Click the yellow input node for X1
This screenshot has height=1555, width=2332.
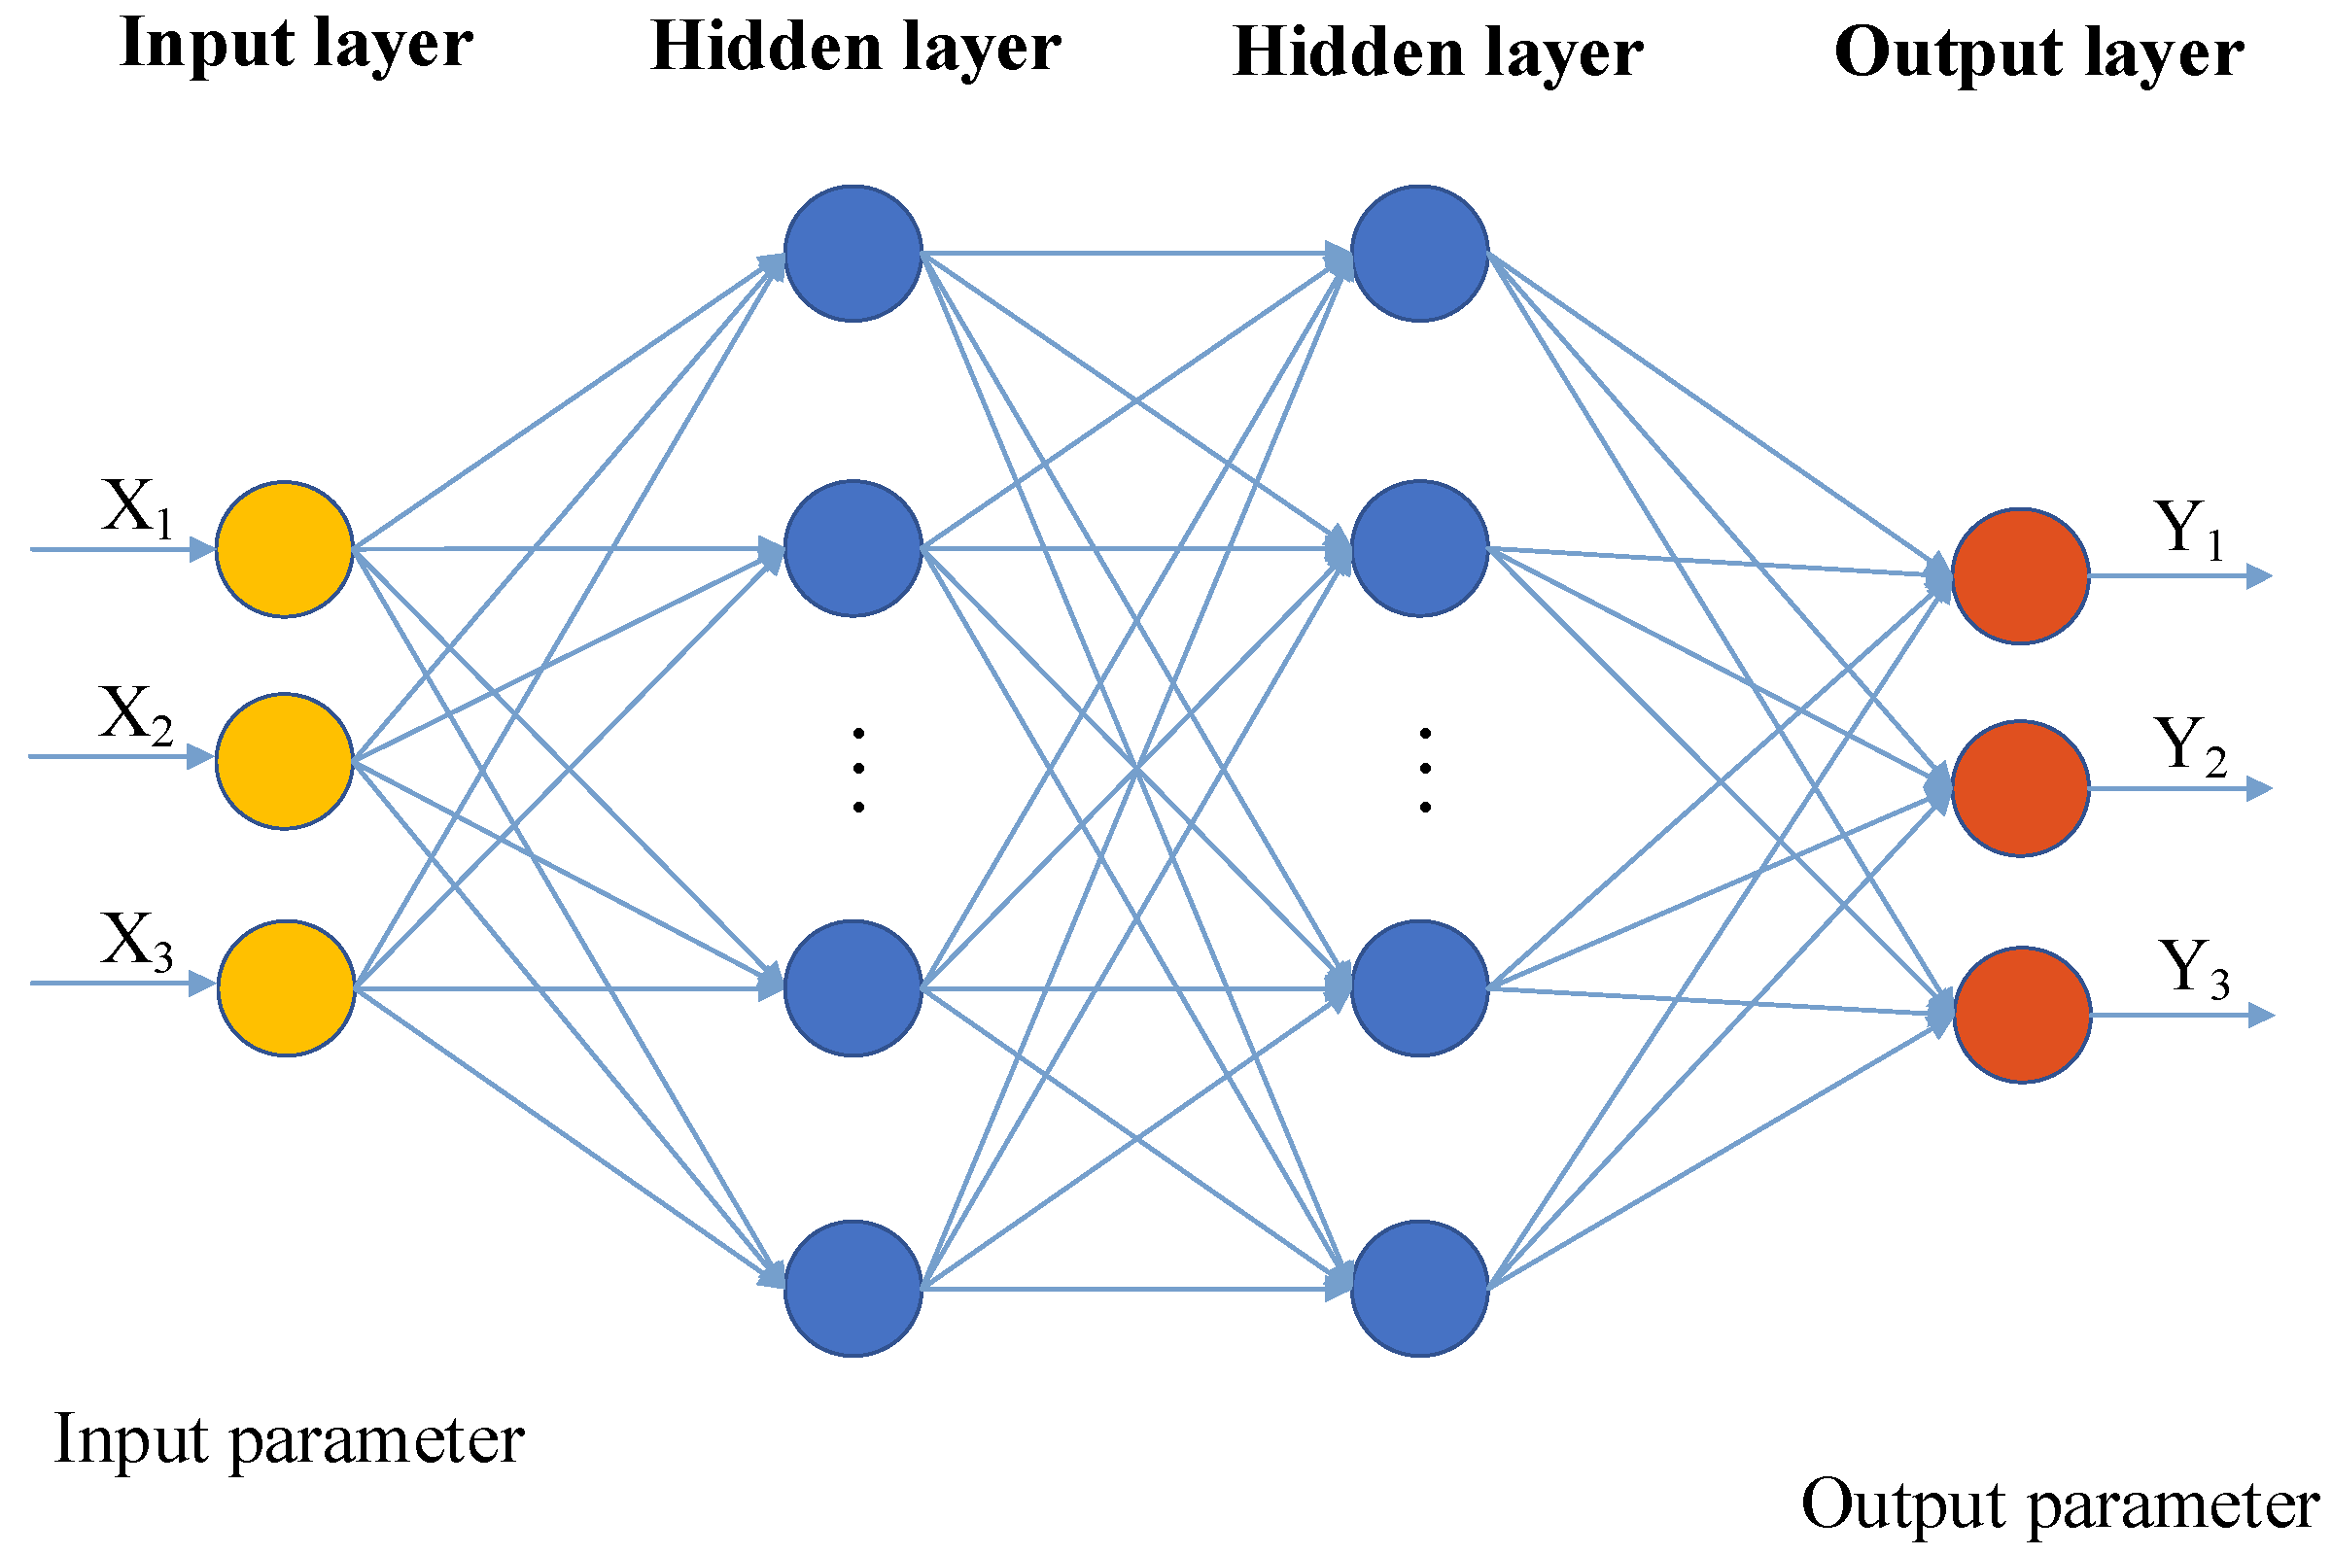(285, 549)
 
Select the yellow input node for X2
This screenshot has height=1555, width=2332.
(285, 761)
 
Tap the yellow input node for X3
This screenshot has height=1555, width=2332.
(286, 987)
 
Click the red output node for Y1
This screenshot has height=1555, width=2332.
(2021, 576)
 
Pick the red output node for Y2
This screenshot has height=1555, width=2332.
(2021, 788)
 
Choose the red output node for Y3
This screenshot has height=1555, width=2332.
(2023, 1015)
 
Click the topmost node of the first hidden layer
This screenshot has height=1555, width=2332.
(853, 253)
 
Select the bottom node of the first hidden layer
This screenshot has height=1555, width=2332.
(853, 1289)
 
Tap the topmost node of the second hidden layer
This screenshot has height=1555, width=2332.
(1419, 253)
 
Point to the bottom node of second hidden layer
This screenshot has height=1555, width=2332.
(1419, 1289)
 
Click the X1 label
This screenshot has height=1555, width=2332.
(137, 507)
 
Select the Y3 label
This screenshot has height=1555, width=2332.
(2193, 969)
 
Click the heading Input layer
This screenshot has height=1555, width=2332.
(296, 44)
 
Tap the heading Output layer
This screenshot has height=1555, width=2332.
(2039, 52)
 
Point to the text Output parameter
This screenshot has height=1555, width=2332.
(2058, 1504)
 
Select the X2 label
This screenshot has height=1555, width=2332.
(135, 715)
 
